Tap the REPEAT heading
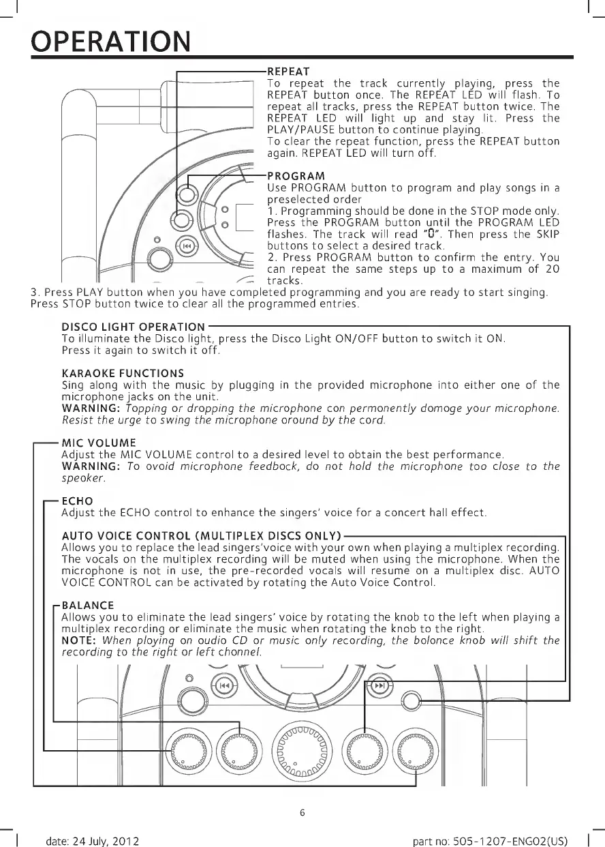pos(288,71)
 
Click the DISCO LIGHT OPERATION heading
pos(133,328)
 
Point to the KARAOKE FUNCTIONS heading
pos(123,373)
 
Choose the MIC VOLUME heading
pos(99,443)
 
